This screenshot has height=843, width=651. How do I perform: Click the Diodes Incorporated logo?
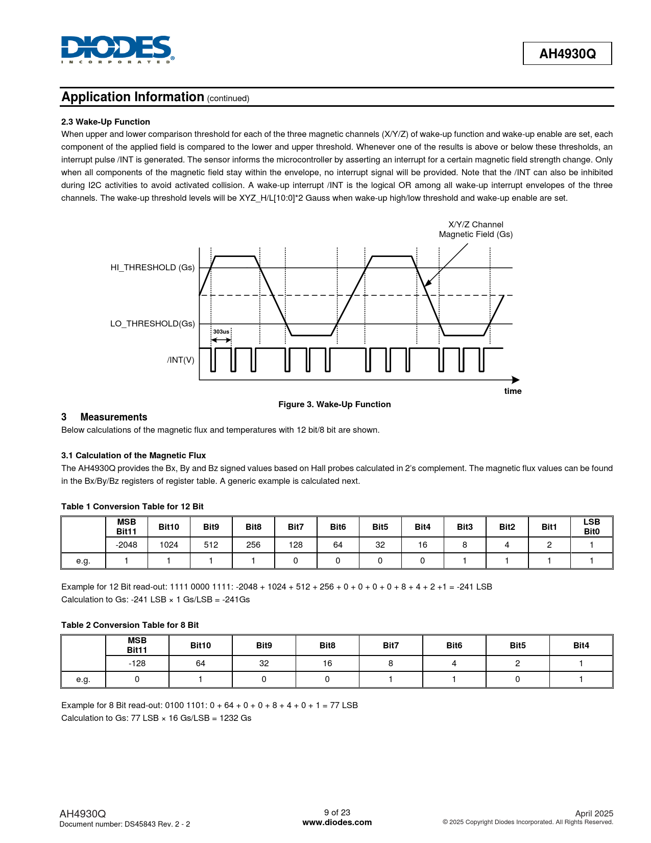click(x=117, y=49)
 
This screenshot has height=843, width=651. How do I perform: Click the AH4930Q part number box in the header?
click(x=567, y=54)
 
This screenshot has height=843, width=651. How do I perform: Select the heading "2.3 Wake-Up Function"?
click(x=106, y=122)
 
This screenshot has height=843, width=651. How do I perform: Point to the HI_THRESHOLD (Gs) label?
click(x=152, y=267)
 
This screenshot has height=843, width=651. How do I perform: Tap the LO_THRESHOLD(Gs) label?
click(x=152, y=323)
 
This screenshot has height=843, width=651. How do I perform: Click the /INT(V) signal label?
click(x=180, y=360)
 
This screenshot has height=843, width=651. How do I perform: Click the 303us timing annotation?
click(x=221, y=332)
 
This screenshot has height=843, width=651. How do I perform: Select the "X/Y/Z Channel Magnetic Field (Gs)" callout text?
click(x=475, y=229)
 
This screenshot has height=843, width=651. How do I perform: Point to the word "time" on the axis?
click(x=513, y=391)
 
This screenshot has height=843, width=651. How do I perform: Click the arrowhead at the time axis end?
click(x=516, y=380)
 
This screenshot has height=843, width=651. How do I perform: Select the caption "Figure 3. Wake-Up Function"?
click(x=334, y=404)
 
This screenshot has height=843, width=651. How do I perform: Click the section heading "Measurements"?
click(x=113, y=417)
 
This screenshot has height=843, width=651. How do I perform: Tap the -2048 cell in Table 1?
click(x=127, y=545)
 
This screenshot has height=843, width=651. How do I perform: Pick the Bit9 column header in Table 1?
click(x=211, y=527)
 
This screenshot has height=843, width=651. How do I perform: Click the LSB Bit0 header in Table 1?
click(x=591, y=527)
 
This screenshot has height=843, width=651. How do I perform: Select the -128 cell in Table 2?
click(x=137, y=663)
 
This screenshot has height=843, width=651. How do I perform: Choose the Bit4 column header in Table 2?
click(x=581, y=645)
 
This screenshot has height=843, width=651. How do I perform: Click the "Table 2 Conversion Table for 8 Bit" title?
click(x=130, y=625)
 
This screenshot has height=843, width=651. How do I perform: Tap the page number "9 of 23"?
click(x=337, y=812)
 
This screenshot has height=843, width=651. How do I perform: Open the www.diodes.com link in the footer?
click(x=337, y=822)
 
